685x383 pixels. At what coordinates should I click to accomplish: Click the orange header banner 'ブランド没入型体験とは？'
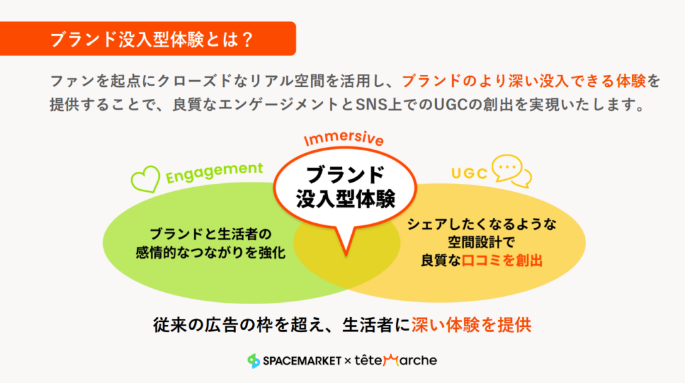click(148, 39)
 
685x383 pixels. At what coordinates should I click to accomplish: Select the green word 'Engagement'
click(214, 172)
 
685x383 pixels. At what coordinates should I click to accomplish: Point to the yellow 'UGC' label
click(469, 173)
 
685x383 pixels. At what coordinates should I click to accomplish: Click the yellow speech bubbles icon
click(511, 170)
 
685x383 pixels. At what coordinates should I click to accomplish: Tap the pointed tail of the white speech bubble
click(346, 253)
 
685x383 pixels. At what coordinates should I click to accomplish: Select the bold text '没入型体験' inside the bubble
click(346, 199)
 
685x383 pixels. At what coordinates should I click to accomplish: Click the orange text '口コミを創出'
click(502, 261)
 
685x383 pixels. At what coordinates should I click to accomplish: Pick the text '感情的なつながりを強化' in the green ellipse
click(211, 253)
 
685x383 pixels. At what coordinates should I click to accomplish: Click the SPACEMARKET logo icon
click(254, 361)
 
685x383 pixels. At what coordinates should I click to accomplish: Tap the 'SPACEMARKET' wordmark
click(302, 361)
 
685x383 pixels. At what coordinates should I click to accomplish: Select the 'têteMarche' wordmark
click(395, 360)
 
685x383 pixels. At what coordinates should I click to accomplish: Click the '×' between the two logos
click(348, 361)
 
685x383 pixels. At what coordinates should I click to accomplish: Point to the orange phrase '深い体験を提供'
click(472, 325)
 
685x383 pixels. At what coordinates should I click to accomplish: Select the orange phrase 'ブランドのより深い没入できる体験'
click(524, 82)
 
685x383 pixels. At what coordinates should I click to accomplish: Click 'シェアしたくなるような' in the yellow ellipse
click(482, 224)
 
